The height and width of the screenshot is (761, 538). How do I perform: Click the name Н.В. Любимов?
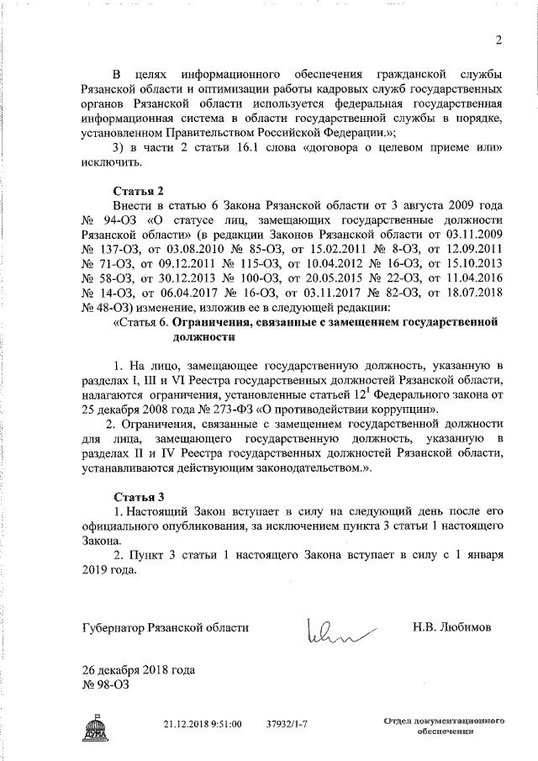(x=452, y=628)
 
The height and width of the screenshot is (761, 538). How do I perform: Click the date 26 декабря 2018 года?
(x=139, y=670)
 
